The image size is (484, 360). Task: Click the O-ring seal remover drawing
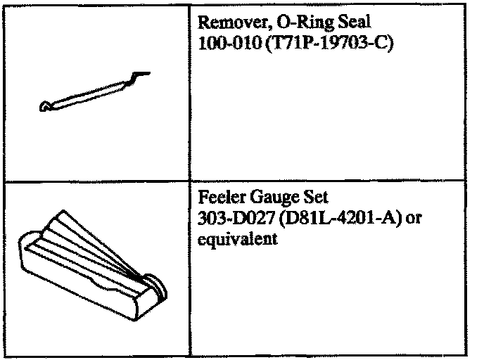point(91,91)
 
